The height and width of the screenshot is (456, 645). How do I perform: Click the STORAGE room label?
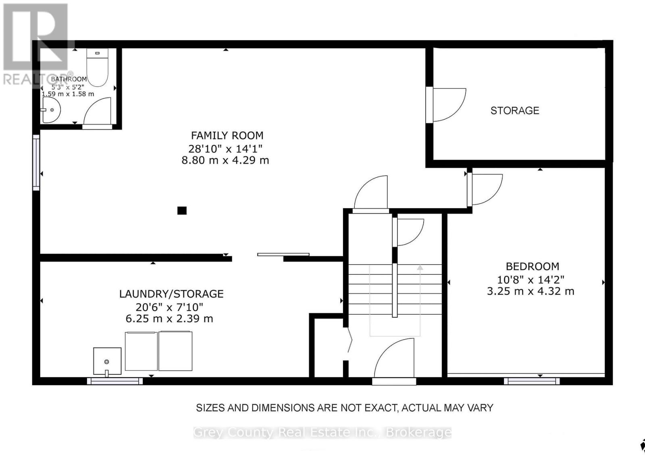pos(514,110)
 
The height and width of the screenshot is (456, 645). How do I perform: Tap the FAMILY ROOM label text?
pos(227,135)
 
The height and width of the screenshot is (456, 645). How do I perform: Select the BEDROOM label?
pos(532,266)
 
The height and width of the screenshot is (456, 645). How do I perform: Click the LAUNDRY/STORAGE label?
pos(171,294)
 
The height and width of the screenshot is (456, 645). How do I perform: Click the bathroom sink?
pos(51,110)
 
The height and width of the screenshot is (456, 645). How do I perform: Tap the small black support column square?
pos(182,210)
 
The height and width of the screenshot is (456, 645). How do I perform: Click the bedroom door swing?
pos(486,189)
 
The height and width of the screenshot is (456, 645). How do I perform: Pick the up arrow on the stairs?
pos(420,267)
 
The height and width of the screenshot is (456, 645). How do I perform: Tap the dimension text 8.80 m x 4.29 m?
pos(225,160)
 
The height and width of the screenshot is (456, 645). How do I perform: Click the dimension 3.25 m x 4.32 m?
pos(531,291)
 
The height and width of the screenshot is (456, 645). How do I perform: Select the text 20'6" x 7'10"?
pos(169,307)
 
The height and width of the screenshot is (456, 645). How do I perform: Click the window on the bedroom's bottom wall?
pos(532,381)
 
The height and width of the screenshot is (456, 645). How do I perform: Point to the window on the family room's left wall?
pos(36,162)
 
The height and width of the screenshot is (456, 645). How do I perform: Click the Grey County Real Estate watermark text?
pos(322,432)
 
